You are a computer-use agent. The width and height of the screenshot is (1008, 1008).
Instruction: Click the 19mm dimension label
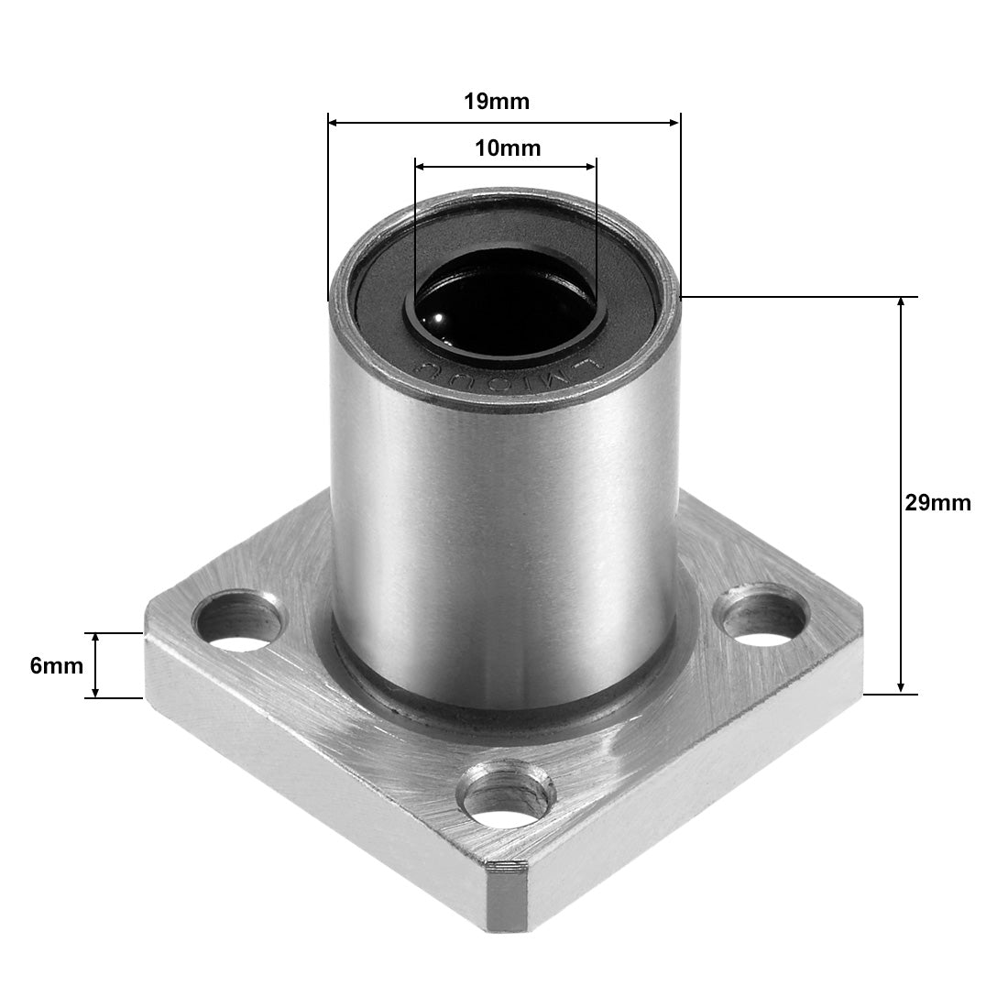click(x=496, y=102)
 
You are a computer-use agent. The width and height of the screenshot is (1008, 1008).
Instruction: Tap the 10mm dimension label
click(x=507, y=148)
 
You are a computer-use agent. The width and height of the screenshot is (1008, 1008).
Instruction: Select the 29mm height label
click(x=937, y=503)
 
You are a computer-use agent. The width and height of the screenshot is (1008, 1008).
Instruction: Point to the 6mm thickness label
click(x=50, y=666)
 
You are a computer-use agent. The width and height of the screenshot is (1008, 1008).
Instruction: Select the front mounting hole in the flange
click(x=507, y=792)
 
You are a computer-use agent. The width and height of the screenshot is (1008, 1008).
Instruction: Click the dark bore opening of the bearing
click(x=504, y=302)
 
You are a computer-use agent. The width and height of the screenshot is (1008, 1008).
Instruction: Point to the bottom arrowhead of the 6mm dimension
click(x=93, y=692)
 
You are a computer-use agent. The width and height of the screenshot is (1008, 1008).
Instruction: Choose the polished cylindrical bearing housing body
click(x=504, y=513)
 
